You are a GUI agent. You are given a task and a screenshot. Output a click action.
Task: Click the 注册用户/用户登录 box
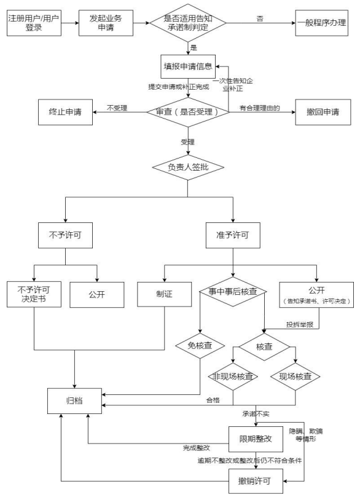click(x=34, y=23)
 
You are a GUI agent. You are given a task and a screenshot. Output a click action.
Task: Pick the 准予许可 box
click(x=232, y=233)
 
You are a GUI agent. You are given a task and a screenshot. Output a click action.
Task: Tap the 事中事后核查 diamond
click(x=232, y=294)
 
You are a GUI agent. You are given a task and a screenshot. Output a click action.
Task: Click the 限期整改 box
click(x=256, y=439)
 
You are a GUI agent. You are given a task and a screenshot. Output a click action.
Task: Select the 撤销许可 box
click(x=256, y=479)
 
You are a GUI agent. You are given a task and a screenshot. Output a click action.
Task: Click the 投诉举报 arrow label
click(x=299, y=324)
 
